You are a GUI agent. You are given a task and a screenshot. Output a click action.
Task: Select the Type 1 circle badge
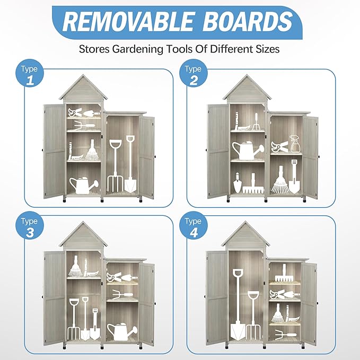tap(30, 74)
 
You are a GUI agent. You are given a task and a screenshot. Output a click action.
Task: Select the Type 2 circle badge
tap(194, 74)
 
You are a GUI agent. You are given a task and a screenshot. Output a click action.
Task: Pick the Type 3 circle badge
tap(30, 226)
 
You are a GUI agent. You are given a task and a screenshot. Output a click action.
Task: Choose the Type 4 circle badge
tap(194, 226)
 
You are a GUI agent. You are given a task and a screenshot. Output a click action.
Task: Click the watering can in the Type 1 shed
tap(84, 185)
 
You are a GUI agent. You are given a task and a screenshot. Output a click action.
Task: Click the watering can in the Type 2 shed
tap(248, 151)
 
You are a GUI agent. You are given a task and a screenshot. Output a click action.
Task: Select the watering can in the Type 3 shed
tap(122, 331)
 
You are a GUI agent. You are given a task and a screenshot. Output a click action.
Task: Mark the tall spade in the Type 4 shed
tap(238, 304)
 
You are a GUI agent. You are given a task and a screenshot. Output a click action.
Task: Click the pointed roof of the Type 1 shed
tap(83, 88)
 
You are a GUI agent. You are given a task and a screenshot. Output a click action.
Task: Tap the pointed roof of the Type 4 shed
tap(246, 235)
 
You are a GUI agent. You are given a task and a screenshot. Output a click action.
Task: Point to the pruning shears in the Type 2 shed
tap(279, 146)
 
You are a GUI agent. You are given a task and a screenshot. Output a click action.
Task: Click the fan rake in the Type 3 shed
tap(75, 266)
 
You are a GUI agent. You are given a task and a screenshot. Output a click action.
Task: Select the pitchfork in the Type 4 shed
tap(253, 315)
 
